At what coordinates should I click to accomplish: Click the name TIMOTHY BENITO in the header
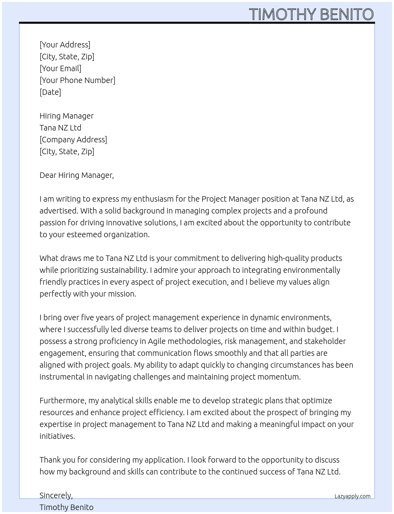point(311,14)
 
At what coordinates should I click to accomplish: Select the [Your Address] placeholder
point(65,45)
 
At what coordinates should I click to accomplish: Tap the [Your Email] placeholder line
point(61,68)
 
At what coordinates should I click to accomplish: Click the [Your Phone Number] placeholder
point(78,80)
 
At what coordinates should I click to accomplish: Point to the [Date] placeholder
point(50,92)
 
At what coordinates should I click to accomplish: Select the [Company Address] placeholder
point(73,140)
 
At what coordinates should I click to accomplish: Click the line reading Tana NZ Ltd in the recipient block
point(61,128)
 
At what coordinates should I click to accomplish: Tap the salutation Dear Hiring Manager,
point(77,175)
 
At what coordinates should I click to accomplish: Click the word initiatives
point(57,436)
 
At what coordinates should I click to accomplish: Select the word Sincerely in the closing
point(56,495)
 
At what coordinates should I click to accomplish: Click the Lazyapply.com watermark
point(352,496)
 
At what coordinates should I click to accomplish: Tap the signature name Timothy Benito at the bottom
point(66,507)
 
